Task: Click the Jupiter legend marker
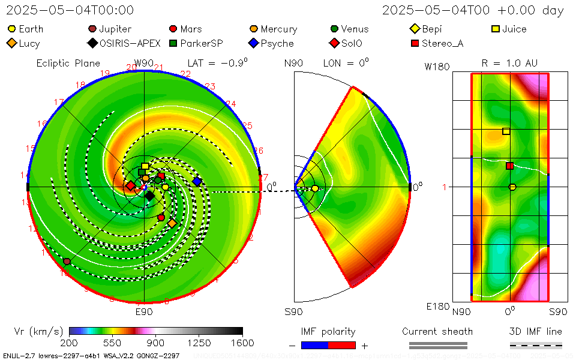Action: tap(92, 29)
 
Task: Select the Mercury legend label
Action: tap(278, 29)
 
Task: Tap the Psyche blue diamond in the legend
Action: tap(253, 43)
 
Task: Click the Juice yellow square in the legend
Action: tap(495, 29)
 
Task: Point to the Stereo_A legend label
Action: tap(442, 43)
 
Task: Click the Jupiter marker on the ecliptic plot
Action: tap(67, 262)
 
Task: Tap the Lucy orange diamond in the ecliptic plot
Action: tap(172, 223)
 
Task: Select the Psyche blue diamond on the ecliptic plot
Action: tap(197, 181)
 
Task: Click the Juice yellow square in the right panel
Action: tap(506, 131)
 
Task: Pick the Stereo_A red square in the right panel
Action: tap(509, 166)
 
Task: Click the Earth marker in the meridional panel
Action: tap(315, 188)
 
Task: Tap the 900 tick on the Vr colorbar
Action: tap(156, 343)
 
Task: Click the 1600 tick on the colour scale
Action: tap(242, 343)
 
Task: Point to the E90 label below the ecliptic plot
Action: tap(144, 312)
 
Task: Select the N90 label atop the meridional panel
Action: tap(293, 63)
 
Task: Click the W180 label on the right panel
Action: tap(437, 67)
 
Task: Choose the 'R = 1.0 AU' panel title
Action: tap(509, 63)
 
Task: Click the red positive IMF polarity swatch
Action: tap(342, 345)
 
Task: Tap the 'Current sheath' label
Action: tap(437, 331)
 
